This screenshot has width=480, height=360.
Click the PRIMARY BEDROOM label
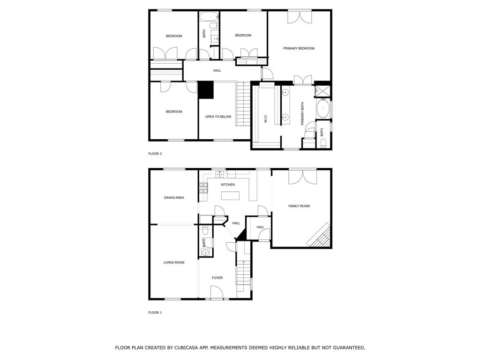[299, 48]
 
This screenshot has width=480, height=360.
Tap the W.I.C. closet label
[266, 119]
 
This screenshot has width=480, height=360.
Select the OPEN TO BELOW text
[218, 117]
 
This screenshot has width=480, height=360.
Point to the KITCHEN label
[228, 185]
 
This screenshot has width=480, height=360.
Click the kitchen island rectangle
[230, 195]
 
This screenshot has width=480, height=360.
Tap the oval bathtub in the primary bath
[323, 108]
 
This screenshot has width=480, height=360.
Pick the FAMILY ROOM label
[299, 206]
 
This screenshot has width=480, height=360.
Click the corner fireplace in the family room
[319, 235]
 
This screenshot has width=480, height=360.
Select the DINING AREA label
[174, 198]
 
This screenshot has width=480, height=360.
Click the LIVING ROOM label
[174, 262]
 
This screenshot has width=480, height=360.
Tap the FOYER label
[217, 277]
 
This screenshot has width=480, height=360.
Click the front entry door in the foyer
[217, 292]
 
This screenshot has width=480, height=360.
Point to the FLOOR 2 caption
[155, 154]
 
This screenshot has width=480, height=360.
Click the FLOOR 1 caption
[155, 313]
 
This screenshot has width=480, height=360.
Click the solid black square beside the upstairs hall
[206, 90]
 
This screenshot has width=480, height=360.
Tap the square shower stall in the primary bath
[322, 91]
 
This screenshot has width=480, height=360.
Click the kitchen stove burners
[203, 188]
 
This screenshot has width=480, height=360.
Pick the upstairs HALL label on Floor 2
[217, 71]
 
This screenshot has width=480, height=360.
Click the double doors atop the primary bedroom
[300, 16]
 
